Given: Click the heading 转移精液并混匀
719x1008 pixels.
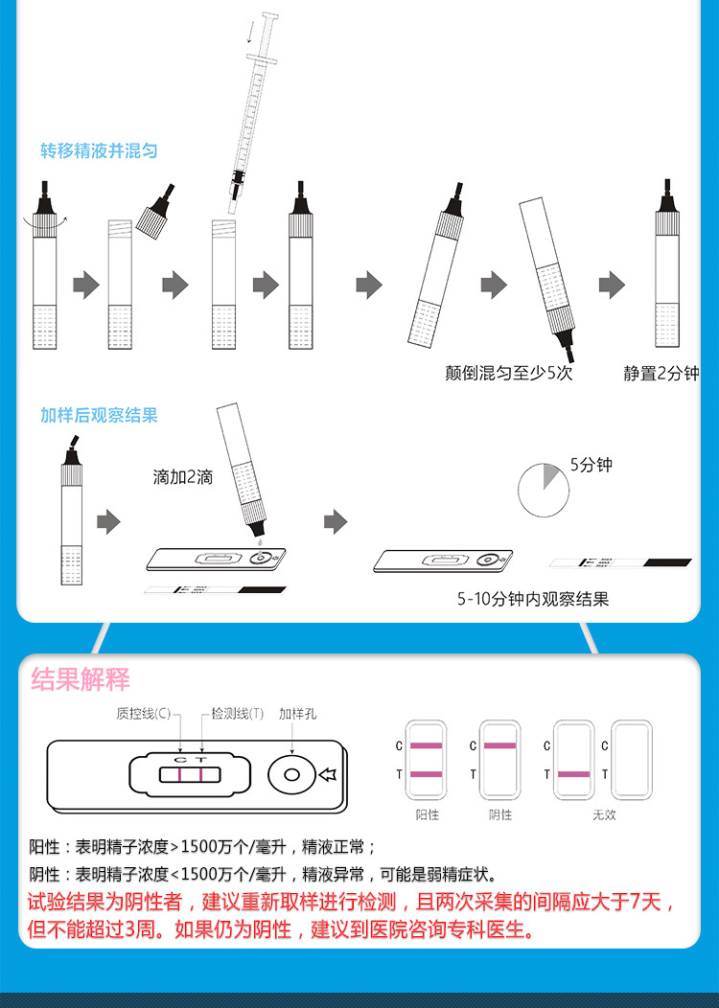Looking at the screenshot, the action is click(99, 151).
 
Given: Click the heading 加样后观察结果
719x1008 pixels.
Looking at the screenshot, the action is click(99, 415).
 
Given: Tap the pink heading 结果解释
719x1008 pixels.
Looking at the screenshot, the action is click(81, 679).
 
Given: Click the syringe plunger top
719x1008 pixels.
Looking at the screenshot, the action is click(270, 16).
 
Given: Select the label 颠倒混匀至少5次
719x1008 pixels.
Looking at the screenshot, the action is click(509, 373).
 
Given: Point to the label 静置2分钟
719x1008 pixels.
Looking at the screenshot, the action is click(661, 373).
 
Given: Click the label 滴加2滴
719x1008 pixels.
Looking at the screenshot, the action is click(183, 477).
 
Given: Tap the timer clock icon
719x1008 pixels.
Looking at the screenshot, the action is click(544, 491).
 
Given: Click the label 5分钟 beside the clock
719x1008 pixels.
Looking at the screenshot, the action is click(591, 465).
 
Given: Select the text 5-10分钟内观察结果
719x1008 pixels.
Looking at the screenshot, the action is click(532, 599).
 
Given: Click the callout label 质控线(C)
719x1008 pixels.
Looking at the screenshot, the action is click(144, 714).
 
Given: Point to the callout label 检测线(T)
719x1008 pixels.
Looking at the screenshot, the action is click(238, 714).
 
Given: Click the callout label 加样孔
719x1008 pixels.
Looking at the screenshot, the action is click(297, 714).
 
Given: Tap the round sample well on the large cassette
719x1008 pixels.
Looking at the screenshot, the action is click(291, 774).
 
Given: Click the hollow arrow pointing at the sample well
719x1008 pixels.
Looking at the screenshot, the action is click(328, 774).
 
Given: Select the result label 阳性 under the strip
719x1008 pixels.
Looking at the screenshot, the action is click(427, 814).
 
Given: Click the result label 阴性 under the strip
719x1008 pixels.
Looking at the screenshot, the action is click(499, 814).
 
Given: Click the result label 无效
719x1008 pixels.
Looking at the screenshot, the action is click(604, 814).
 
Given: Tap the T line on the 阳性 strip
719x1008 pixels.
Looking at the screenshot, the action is click(427, 774).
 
